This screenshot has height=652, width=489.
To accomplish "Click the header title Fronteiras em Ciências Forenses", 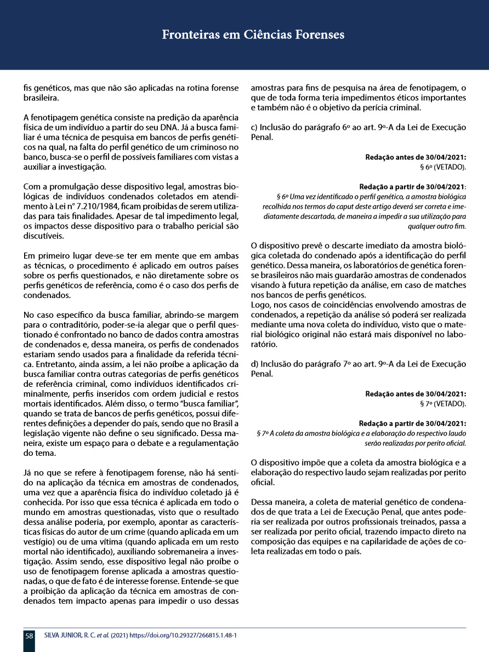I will click(253, 35).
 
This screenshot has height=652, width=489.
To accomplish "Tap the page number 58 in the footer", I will click(29, 636).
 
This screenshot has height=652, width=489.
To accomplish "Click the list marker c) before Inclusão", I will click(255, 128).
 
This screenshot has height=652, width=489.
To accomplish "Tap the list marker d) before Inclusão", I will click(255, 364).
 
